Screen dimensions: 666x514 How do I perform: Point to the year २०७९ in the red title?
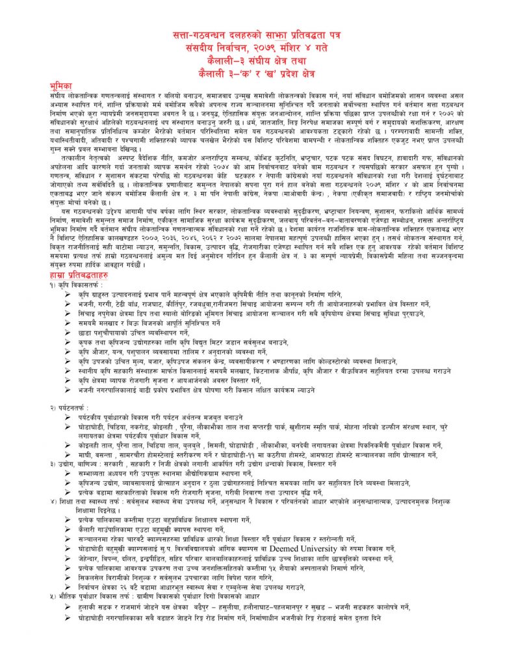tap(277, 48)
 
